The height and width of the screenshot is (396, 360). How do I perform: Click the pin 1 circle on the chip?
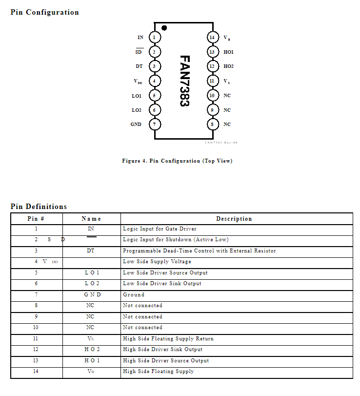pyautogui.click(x=154, y=37)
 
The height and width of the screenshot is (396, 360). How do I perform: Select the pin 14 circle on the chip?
pyautogui.click(x=212, y=37)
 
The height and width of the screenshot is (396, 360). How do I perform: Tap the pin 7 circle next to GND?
pyautogui.click(x=154, y=124)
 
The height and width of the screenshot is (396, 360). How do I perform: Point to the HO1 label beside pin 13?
pyautogui.click(x=228, y=52)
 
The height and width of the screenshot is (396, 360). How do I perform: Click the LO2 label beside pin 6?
pyautogui.click(x=137, y=110)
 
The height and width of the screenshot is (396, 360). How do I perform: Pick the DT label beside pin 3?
pyautogui.click(x=139, y=66)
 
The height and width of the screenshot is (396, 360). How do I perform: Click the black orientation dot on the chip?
pyautogui.click(x=164, y=28)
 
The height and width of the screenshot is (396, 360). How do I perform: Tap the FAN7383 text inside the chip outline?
pyautogui.click(x=184, y=81)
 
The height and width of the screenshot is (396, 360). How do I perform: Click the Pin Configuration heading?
pyautogui.click(x=44, y=12)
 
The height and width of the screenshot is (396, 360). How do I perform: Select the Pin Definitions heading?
pyautogui.click(x=39, y=207)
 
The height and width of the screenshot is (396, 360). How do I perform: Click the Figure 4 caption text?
pyautogui.click(x=177, y=161)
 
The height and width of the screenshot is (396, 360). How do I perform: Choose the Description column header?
pyautogui.click(x=234, y=219)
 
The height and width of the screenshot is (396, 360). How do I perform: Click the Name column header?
pyautogui.click(x=91, y=219)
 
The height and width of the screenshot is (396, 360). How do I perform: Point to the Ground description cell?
pyautogui.click(x=134, y=294)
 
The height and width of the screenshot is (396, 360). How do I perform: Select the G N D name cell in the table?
pyautogui.click(x=92, y=294)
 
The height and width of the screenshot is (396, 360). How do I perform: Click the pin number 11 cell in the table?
pyautogui.click(x=36, y=338)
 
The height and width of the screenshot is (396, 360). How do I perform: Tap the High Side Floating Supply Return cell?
pyautogui.click(x=168, y=338)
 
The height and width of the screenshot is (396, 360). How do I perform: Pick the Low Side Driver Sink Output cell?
pyautogui.click(x=162, y=283)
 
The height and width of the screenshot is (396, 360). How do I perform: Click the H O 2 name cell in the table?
pyautogui.click(x=92, y=350)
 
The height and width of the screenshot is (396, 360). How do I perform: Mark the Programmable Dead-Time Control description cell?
pyautogui.click(x=199, y=250)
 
